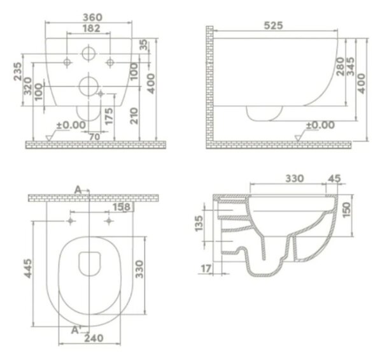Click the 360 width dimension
[x=93, y=17]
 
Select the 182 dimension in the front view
[x=91, y=28]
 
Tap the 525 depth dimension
[x=274, y=25]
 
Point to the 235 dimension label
[x=18, y=71]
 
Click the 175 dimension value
[x=109, y=116]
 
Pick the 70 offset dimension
[x=94, y=137]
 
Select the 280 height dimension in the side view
[x=340, y=66]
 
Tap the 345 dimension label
[x=350, y=66]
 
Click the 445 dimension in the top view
[x=28, y=268]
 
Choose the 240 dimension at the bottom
[x=94, y=338]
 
